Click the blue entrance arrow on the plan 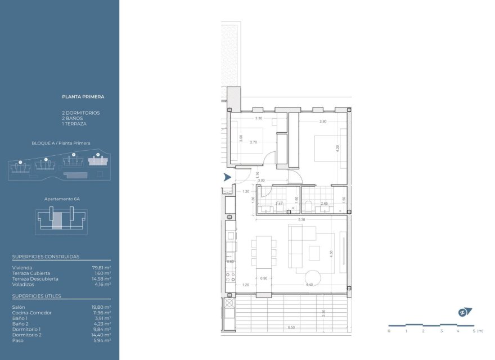point(227,177)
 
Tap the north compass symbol point(464,312)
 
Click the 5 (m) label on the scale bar point(476,331)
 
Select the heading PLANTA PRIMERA point(83,97)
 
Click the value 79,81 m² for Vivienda point(101,268)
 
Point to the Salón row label point(18,307)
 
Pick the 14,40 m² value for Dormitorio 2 point(101,335)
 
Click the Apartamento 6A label point(60,199)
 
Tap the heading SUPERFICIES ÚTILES point(37,296)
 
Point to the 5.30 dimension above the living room point(302,219)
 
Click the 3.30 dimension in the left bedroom point(259,119)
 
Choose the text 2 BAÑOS point(73,118)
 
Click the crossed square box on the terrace point(229,304)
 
